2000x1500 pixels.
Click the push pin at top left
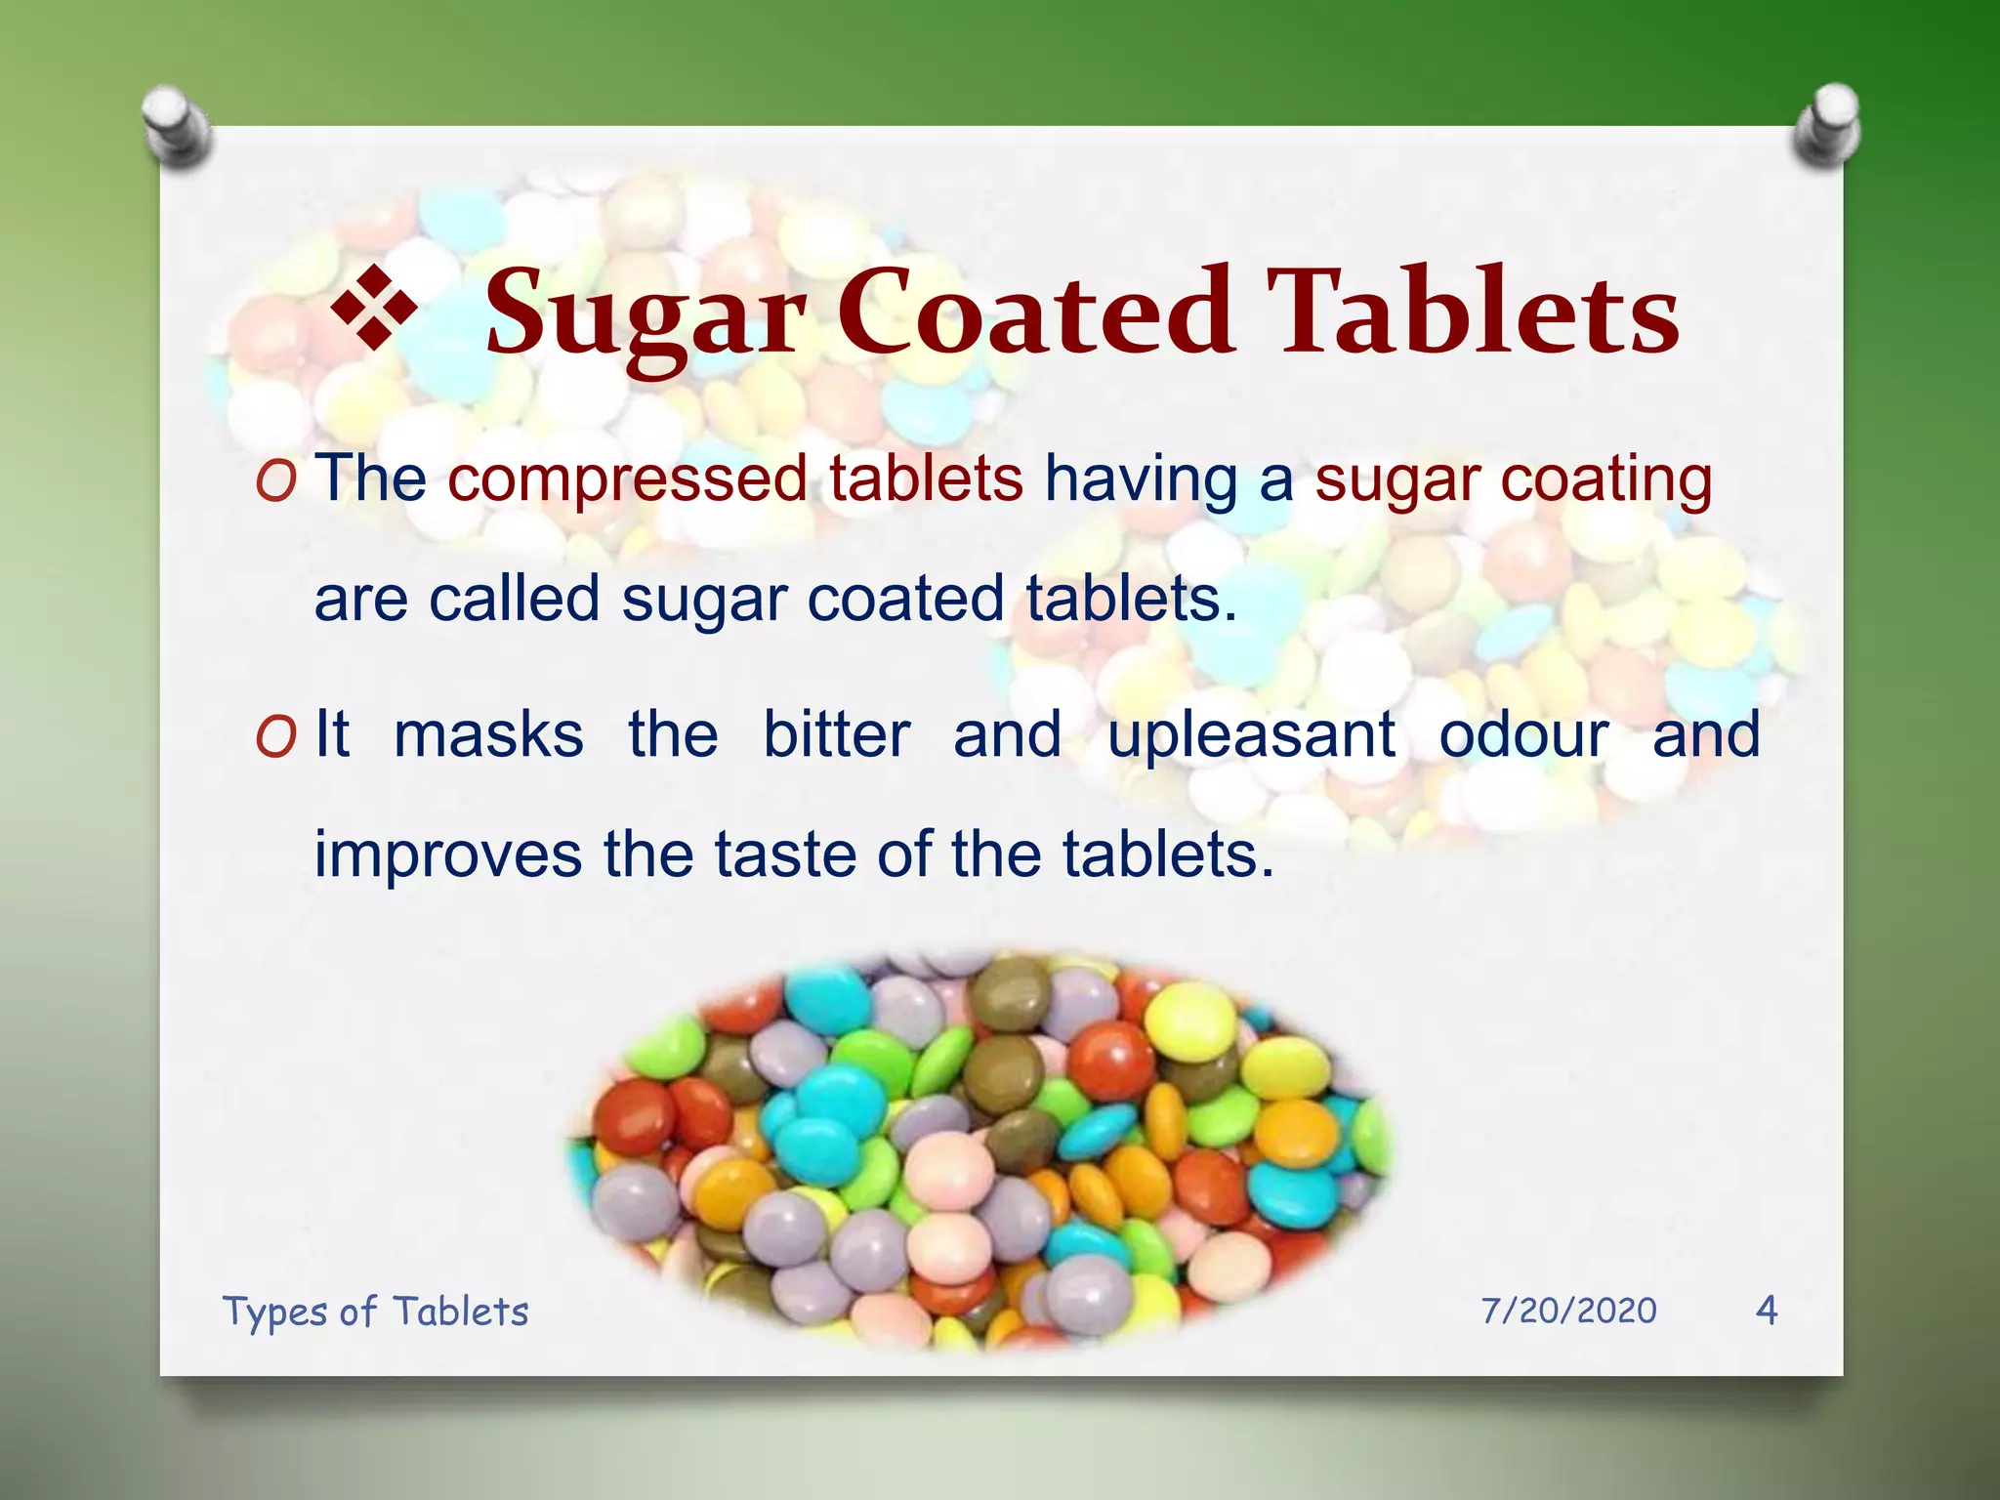176,125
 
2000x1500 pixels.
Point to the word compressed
628,480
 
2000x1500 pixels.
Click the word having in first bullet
1140,480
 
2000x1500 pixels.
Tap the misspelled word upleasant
1251,736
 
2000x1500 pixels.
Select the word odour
1523,734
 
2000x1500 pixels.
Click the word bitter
836,734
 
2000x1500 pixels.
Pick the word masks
488,734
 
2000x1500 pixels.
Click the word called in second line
514,599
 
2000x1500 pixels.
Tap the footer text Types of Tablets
375,1312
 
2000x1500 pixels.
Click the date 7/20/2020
1568,1311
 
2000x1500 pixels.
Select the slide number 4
1767,1310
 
